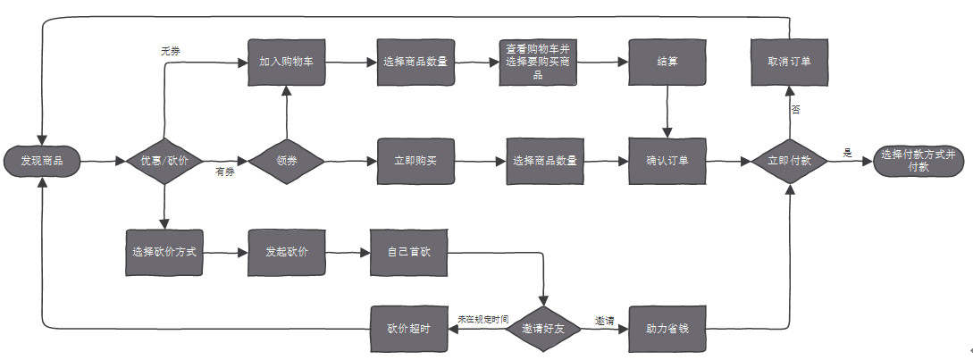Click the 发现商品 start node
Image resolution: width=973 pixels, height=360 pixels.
(x=43, y=162)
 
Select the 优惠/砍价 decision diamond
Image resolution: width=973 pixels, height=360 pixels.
(x=163, y=162)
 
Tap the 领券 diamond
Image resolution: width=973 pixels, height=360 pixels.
(x=286, y=162)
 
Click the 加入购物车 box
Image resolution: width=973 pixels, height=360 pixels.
(x=286, y=63)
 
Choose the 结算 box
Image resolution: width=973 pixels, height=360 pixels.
(x=666, y=63)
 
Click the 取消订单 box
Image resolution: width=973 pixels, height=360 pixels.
(x=789, y=63)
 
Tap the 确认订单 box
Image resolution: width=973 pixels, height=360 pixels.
(x=666, y=162)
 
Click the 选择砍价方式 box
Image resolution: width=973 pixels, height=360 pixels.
(x=163, y=252)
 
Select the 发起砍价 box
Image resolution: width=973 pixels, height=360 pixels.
(x=286, y=252)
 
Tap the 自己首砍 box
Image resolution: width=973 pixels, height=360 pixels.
(x=408, y=252)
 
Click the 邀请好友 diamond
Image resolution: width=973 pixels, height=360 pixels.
(x=543, y=329)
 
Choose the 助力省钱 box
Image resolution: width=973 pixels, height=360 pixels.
(x=666, y=329)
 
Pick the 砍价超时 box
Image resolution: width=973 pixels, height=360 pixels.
(x=408, y=329)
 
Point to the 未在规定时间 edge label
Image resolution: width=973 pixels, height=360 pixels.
(x=482, y=319)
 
